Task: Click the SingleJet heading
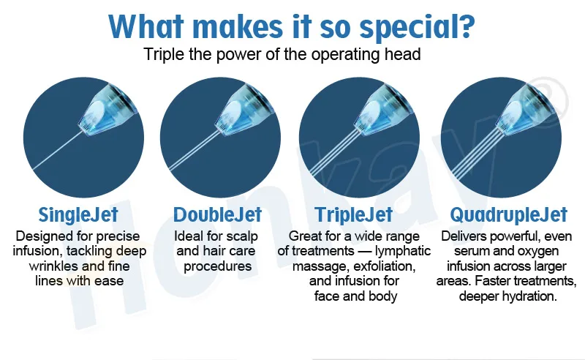[78, 214]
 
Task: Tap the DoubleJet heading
[217, 214]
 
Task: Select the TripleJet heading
[354, 214]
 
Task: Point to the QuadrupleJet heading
[508, 214]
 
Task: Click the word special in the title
[417, 27]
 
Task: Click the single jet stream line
[58, 150]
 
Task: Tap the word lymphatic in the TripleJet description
[403, 251]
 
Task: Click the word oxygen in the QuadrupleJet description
[537, 251]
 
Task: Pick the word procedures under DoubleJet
[217, 266]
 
